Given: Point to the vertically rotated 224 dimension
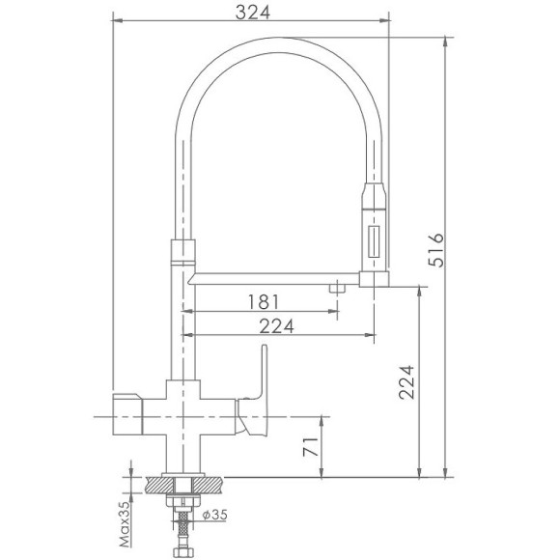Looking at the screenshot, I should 405,385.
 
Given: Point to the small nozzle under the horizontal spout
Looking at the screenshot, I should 336,288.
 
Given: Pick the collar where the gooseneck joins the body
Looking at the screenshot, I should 182,252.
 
